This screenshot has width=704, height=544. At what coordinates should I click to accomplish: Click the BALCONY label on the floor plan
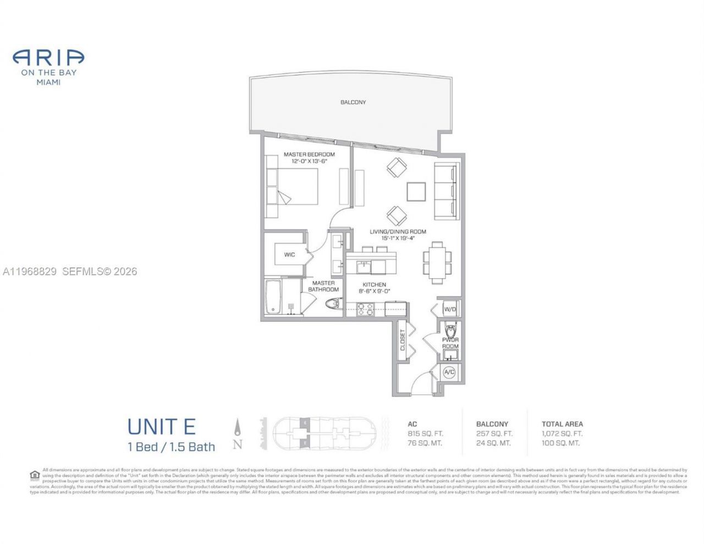pyautogui.click(x=353, y=102)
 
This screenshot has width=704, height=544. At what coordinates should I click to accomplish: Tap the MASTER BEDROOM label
pyautogui.click(x=309, y=155)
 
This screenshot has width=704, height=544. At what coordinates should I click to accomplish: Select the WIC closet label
pyautogui.click(x=289, y=255)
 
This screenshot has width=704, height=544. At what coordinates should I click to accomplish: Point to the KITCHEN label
pyautogui.click(x=374, y=285)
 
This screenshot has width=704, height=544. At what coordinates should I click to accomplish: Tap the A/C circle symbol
pyautogui.click(x=449, y=372)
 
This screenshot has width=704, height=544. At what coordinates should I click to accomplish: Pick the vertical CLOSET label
pyautogui.click(x=403, y=340)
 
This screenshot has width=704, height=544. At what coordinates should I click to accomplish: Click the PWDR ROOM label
pyautogui.click(x=450, y=343)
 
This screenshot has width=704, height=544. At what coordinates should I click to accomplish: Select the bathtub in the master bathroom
pyautogui.click(x=272, y=298)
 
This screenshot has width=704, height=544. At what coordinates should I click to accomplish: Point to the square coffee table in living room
pyautogui.click(x=416, y=191)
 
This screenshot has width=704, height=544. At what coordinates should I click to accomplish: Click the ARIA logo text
pyautogui.click(x=48, y=57)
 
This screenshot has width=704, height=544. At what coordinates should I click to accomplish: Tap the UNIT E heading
pyautogui.click(x=161, y=427)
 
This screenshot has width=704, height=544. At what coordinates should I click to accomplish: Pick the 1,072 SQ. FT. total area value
pyautogui.click(x=562, y=434)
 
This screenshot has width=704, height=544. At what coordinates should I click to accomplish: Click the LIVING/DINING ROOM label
pyautogui.click(x=397, y=232)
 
